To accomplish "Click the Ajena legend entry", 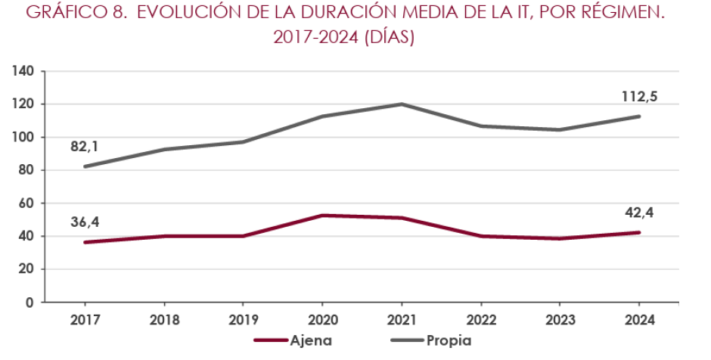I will coord(310,340).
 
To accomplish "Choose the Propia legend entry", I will coord(449,340).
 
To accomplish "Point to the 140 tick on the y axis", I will coord(23,72).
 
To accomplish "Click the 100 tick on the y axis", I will coord(23,138).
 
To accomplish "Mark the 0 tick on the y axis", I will coord(29,303).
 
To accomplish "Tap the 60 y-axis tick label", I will coord(26,203).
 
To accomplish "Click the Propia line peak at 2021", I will coord(401,104).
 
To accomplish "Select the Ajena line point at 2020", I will coord(321,216).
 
